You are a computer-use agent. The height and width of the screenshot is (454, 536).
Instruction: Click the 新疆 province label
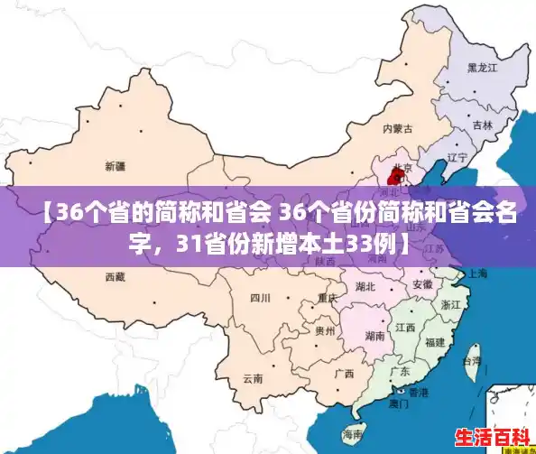116,166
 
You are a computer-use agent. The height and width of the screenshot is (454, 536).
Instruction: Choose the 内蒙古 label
397,129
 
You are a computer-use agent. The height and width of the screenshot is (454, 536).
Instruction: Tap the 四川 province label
261,298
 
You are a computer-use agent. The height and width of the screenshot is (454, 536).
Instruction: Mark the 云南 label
253,379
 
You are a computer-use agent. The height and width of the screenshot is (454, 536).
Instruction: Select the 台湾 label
471,360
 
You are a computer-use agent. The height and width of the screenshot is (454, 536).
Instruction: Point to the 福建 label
434,342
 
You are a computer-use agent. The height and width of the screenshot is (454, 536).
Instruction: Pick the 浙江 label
450,305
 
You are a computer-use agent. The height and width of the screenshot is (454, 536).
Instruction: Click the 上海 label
476,273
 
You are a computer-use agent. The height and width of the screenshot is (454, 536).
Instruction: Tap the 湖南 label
376,335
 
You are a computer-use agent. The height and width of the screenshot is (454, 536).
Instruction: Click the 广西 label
344,373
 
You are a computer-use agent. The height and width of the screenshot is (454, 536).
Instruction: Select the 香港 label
418,394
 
